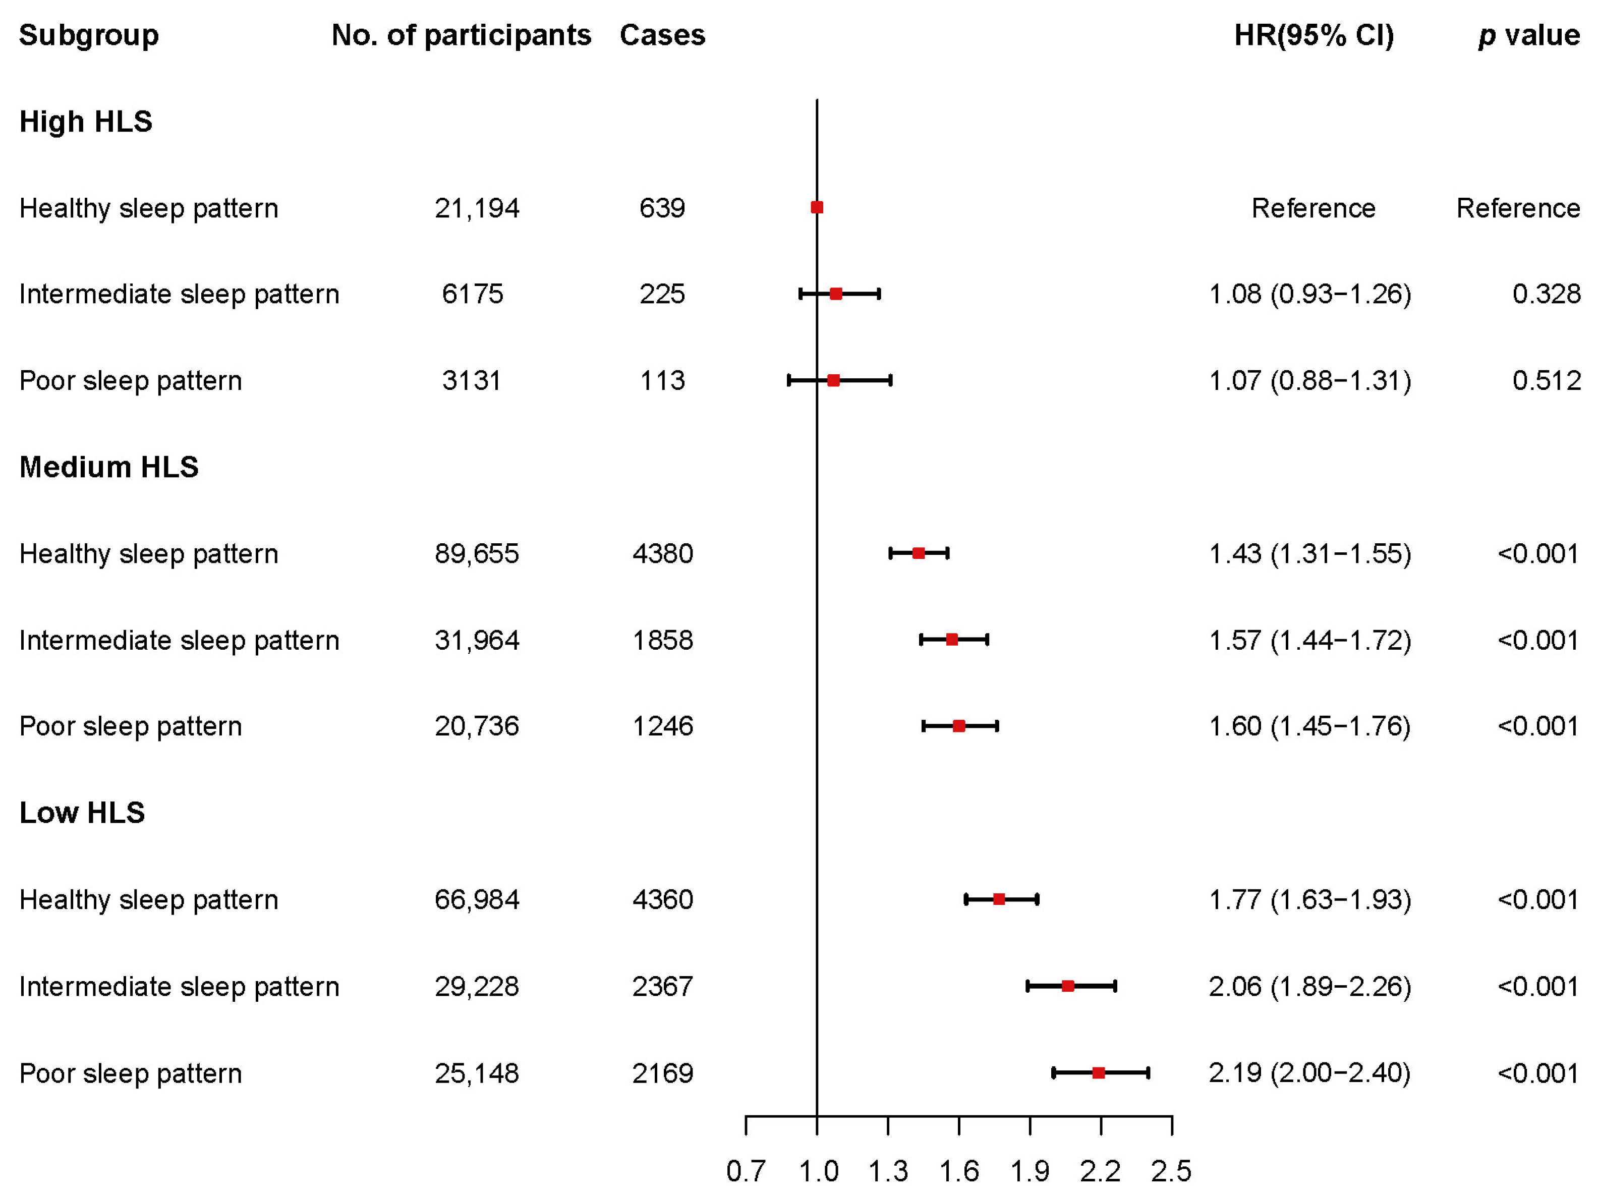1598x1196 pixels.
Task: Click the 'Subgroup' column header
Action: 88,35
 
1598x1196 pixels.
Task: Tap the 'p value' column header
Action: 1529,35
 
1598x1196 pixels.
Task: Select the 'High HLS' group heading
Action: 85,122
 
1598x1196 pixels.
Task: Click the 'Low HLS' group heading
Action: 82,813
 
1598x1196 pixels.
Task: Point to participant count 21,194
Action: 477,208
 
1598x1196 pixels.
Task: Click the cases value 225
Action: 662,294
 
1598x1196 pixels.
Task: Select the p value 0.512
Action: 1546,381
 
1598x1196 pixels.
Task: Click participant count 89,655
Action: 477,554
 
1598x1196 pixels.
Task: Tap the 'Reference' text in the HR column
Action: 1312,208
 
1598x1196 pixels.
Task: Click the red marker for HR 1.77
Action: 998,899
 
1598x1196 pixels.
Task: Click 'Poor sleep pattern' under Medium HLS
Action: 130,726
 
